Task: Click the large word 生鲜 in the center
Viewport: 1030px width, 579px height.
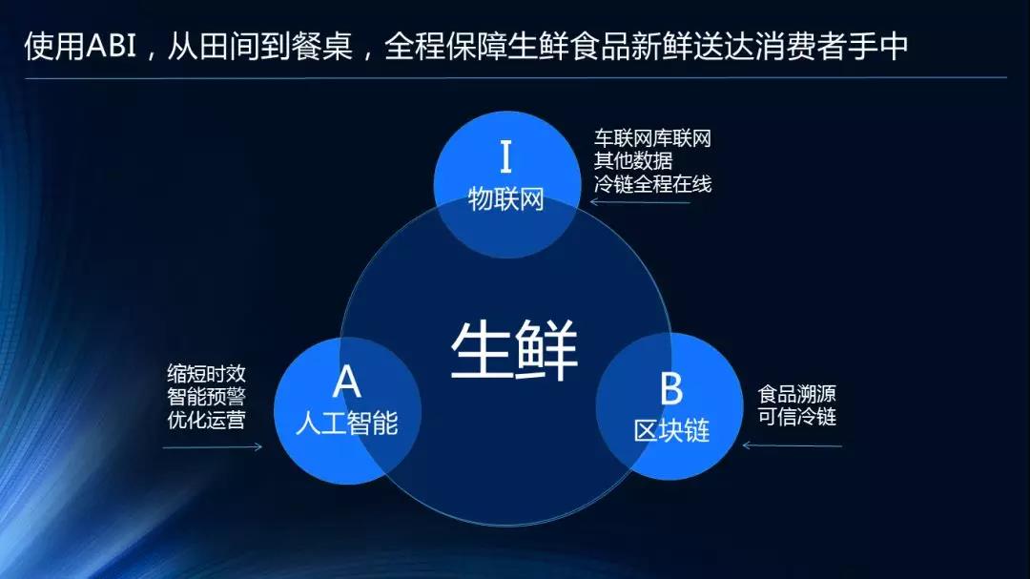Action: click(x=514, y=350)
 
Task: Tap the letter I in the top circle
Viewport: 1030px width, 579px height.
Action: click(x=505, y=156)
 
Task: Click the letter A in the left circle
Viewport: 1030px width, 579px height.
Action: click(x=347, y=383)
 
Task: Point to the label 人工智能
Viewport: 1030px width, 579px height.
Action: click(x=346, y=424)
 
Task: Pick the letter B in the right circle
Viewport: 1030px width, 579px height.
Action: click(x=671, y=389)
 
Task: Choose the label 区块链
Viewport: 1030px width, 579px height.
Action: click(x=671, y=430)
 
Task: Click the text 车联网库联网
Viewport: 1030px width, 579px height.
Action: click(x=652, y=139)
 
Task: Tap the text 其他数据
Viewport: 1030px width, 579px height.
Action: click(x=632, y=162)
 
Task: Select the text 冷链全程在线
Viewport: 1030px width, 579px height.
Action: click(x=652, y=185)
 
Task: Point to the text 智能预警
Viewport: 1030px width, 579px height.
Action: click(x=206, y=397)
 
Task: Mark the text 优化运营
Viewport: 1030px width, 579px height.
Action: click(x=206, y=420)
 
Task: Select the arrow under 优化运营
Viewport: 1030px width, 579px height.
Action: click(x=212, y=446)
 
